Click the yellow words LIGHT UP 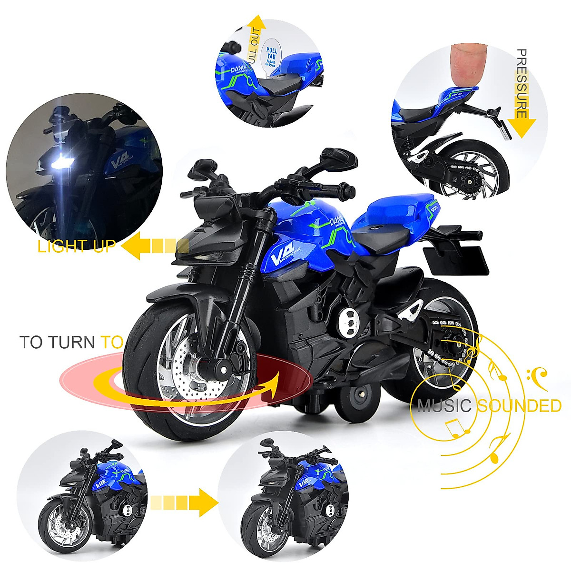pyautogui.click(x=76, y=246)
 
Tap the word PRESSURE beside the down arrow pyautogui.click(x=522, y=83)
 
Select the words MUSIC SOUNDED pyautogui.click(x=489, y=406)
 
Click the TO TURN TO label pyautogui.click(x=71, y=342)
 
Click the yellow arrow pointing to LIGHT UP pyautogui.click(x=155, y=246)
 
